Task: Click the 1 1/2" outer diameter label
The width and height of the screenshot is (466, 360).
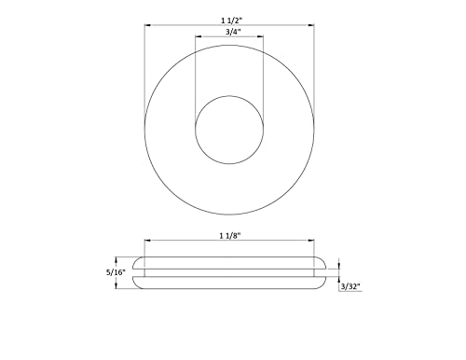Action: point(228,19)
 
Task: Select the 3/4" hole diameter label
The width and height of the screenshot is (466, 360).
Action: point(228,33)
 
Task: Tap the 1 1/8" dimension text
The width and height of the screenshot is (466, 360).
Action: point(229,238)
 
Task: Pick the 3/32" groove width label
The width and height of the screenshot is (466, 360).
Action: point(350,287)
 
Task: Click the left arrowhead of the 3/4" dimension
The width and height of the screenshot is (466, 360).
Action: point(196,38)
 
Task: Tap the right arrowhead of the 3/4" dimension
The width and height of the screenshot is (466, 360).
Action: point(262,38)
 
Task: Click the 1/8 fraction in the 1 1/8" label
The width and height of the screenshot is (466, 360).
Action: point(233,238)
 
